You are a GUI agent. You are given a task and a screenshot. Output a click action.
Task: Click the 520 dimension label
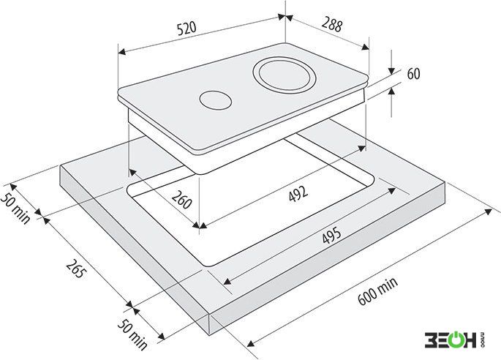pos(187,29)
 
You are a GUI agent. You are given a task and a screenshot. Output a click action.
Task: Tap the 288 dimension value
pos(332,25)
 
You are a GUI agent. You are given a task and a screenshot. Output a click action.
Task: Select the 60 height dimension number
pos(413,74)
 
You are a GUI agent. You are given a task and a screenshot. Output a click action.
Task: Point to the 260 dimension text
pos(182,199)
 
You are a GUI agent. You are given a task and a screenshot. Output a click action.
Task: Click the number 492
pos(298,193)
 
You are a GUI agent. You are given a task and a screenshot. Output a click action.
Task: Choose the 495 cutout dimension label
pos(331,236)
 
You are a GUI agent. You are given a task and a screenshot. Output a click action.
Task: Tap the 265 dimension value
pos(76,269)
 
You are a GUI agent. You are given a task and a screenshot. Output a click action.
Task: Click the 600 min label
pos(377,291)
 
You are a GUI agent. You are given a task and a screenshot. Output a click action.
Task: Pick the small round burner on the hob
pos(216,100)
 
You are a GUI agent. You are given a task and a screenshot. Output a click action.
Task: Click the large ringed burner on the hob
pos(285,75)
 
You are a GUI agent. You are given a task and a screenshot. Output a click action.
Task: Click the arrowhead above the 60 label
pos(391,71)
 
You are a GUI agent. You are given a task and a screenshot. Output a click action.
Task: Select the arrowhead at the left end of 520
pos(121,52)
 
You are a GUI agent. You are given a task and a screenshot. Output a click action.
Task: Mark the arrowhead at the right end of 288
pos(365,47)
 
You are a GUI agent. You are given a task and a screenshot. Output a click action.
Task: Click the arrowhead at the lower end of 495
pos(227,281)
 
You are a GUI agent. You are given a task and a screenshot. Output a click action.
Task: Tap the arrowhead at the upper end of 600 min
pos(489,212)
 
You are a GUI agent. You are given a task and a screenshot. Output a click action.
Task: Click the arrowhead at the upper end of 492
pos(361,148)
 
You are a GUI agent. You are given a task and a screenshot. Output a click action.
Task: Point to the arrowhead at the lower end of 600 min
pos(251,342)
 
